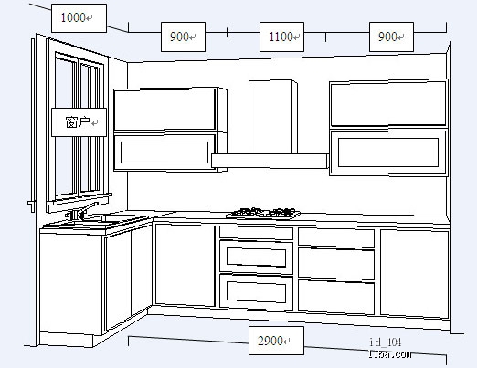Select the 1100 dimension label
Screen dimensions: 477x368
click(281, 37)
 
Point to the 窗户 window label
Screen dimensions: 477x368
click(79, 122)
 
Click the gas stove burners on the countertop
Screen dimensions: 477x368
click(263, 213)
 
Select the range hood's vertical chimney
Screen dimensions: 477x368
click(273, 117)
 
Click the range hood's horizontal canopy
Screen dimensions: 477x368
click(270, 161)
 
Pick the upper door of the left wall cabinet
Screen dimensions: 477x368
click(164, 110)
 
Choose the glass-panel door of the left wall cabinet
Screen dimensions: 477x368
click(164, 152)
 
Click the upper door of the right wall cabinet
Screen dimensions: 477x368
click(388, 103)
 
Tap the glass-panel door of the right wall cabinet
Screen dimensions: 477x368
click(388, 152)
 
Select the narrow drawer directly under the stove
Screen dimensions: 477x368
click(256, 233)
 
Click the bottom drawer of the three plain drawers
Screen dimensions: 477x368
click(336, 297)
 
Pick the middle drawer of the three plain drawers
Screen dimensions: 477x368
click(336, 264)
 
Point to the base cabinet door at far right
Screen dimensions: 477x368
click(415, 274)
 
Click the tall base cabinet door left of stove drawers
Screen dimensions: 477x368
click(185, 265)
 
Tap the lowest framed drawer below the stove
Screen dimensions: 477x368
click(256, 292)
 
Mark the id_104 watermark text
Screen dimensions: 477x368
click(386, 342)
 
